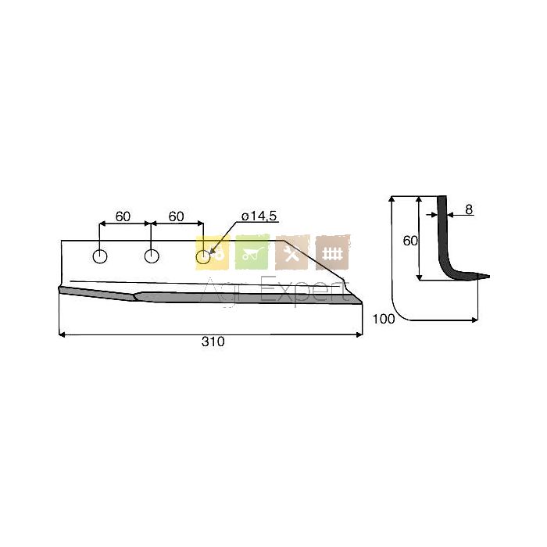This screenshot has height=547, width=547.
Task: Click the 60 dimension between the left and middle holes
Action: click(123, 216)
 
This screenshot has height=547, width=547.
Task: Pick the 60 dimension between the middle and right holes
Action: click(176, 216)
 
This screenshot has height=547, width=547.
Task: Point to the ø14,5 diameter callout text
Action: click(259, 216)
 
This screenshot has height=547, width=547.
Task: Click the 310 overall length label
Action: click(213, 341)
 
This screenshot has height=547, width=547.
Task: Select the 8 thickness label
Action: click(469, 209)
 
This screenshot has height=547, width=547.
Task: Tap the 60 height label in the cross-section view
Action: click(410, 241)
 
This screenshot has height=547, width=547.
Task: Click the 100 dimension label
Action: click(384, 319)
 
